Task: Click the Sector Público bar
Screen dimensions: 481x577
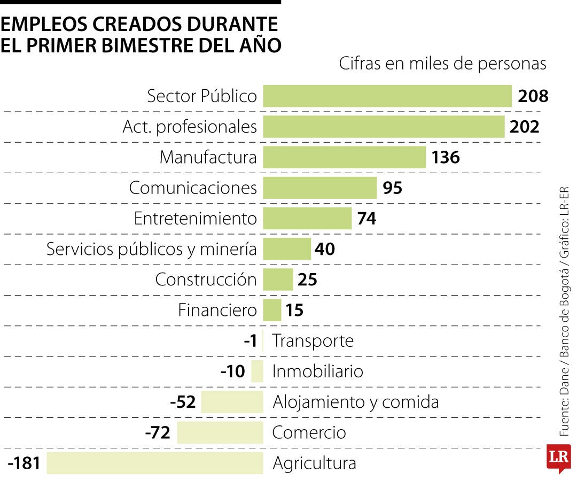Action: click(387, 96)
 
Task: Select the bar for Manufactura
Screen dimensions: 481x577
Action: click(344, 158)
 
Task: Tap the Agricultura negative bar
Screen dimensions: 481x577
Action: click(155, 463)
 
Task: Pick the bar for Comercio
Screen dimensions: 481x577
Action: click(220, 432)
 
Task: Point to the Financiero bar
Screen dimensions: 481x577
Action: click(272, 310)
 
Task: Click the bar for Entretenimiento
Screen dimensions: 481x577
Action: click(307, 219)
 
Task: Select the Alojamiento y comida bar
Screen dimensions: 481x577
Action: click(232, 402)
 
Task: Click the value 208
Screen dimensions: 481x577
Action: click(533, 96)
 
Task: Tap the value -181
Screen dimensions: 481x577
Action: click(25, 463)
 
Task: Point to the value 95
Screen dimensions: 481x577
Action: click(393, 188)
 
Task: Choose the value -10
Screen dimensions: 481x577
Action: click(232, 371)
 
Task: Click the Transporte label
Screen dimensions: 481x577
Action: click(313, 340)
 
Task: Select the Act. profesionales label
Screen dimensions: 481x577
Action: click(190, 127)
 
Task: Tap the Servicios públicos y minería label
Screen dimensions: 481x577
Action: click(152, 249)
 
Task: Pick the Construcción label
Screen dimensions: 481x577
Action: click(206, 280)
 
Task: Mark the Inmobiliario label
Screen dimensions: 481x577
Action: click(318, 371)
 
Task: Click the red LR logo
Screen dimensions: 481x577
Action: click(558, 458)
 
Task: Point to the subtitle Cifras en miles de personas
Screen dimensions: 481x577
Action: click(442, 64)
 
